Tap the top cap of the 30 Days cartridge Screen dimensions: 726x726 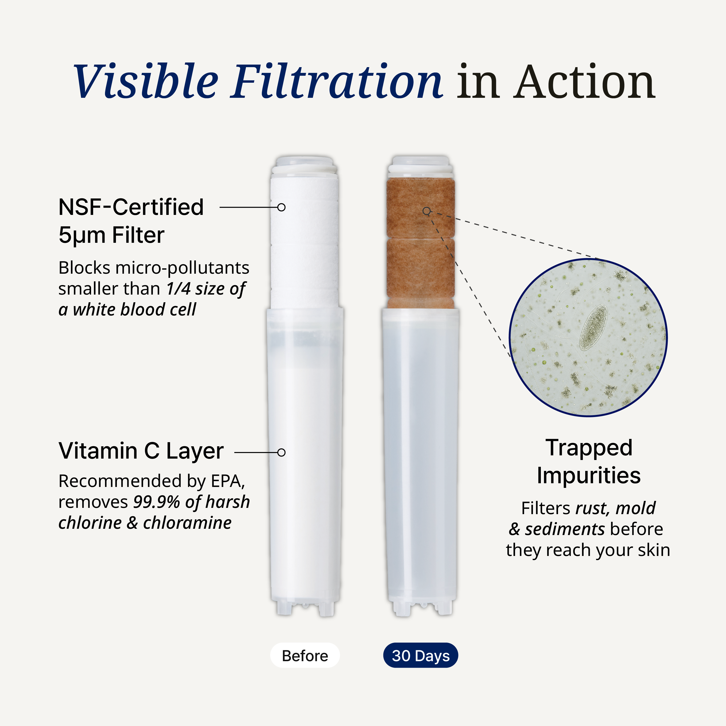pyautogui.click(x=421, y=165)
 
